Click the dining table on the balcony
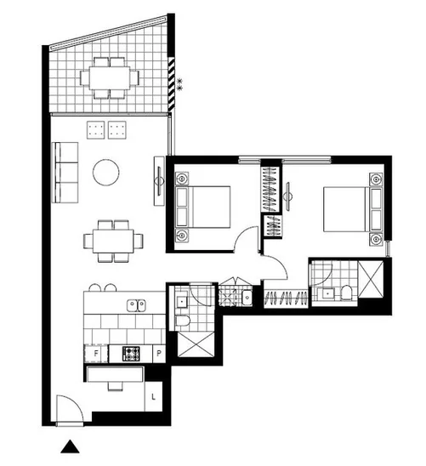pyautogui.click(x=110, y=76)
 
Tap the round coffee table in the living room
pyautogui.click(x=106, y=173)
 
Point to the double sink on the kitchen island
pyautogui.click(x=135, y=304)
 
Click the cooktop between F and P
pyautogui.click(x=132, y=353)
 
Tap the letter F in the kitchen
pyautogui.click(x=96, y=353)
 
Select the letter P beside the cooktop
pyautogui.click(x=159, y=353)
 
